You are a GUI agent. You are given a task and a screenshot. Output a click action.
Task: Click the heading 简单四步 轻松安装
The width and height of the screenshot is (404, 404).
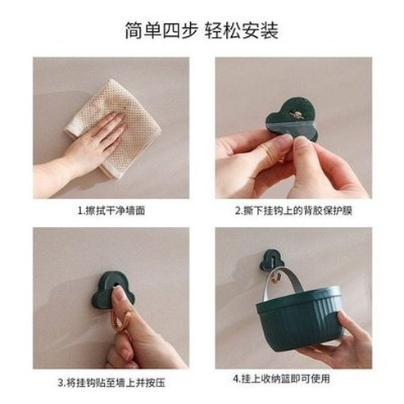click(x=202, y=30)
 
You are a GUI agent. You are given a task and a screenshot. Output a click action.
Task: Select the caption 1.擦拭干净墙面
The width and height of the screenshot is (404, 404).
click(x=111, y=210)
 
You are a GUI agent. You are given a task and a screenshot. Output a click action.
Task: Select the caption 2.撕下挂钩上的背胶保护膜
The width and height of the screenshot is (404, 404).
click(x=293, y=210)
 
